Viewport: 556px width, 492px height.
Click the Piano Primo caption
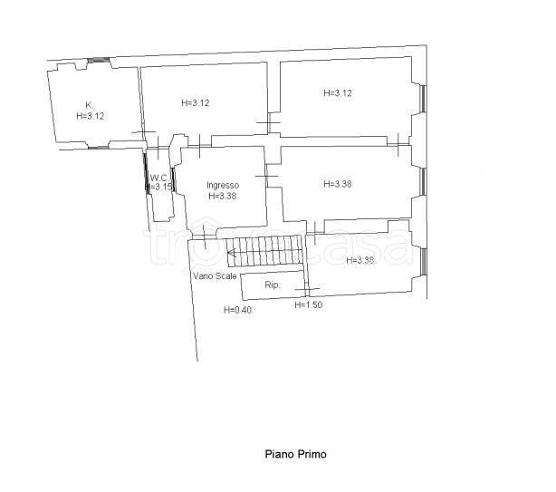click(296, 455)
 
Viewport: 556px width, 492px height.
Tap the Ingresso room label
click(223, 185)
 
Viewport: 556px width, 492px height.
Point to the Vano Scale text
click(215, 275)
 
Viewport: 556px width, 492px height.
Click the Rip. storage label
click(273, 285)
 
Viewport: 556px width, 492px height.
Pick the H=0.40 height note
click(238, 310)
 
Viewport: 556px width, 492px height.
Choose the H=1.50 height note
click(309, 304)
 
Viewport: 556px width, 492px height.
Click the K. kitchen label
click(89, 105)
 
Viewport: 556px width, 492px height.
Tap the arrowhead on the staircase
click(232, 253)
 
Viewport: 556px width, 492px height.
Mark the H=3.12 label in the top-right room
click(338, 93)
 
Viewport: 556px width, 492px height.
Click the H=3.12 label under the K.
click(90, 116)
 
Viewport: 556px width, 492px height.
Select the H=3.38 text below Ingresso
click(223, 196)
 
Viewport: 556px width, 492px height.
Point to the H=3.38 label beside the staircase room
click(359, 260)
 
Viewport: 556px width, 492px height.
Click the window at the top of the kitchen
click(98, 61)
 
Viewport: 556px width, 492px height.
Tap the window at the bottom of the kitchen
click(98, 147)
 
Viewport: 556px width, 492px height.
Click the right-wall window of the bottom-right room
click(424, 262)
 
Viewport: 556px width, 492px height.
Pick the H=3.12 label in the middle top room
click(196, 103)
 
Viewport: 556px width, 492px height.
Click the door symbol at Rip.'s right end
click(307, 288)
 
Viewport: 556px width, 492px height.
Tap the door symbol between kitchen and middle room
click(143, 132)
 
